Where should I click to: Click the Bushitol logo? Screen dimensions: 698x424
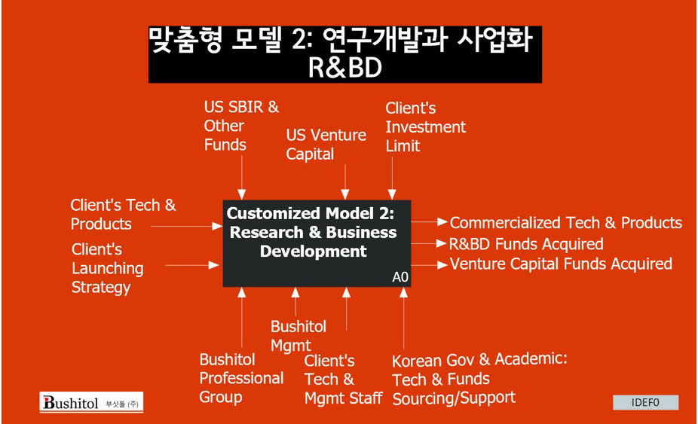coord(91,403)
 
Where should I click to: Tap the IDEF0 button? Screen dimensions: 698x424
coord(645,403)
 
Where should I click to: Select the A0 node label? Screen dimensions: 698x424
coord(400,277)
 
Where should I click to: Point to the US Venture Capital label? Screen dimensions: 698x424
coord(326,145)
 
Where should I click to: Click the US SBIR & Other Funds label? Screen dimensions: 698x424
coord(241,126)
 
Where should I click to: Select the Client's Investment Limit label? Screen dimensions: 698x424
coord(426,127)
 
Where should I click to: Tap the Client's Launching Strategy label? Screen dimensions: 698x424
coord(107,268)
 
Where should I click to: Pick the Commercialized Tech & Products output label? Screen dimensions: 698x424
coord(566,222)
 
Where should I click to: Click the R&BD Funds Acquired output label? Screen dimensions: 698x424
coord(526,244)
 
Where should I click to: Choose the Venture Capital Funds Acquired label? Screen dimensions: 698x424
coord(561,264)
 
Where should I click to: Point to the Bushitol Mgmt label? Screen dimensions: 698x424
coord(298,336)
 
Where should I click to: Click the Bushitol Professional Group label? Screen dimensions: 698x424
coord(241,378)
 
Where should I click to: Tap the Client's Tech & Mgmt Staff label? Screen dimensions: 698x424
coord(343,380)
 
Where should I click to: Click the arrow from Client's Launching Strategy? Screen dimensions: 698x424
coord(192,266)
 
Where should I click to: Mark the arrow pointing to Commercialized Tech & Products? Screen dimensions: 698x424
coord(429,221)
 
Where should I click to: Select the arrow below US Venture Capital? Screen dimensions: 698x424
coord(345,181)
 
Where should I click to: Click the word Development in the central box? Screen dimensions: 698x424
coord(314,252)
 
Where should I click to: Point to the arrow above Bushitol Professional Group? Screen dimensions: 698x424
coord(242,317)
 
